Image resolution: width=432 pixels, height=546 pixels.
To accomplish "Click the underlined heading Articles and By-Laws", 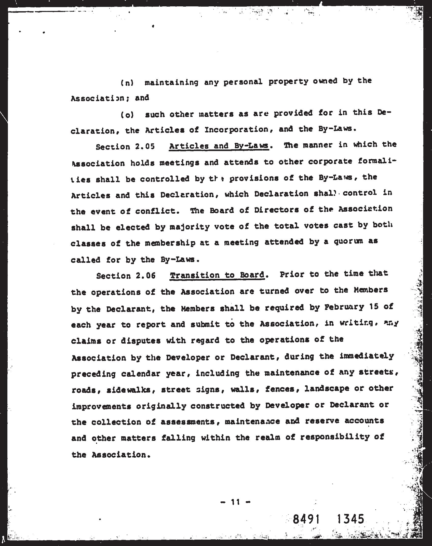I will click(x=219, y=146).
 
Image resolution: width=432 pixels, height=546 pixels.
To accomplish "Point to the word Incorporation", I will click(x=236, y=130).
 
